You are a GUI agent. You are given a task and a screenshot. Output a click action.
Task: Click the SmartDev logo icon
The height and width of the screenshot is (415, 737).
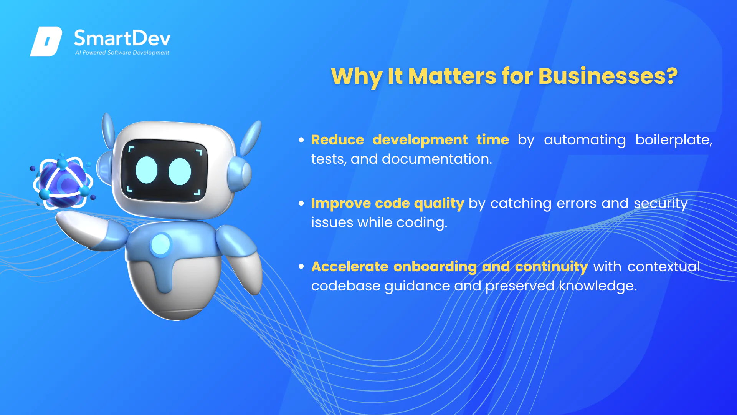pos(46,41)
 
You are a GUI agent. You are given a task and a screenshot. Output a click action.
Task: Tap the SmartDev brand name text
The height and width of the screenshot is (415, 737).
pos(122,38)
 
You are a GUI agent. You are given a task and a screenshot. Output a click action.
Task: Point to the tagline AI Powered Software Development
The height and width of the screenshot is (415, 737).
pos(122,53)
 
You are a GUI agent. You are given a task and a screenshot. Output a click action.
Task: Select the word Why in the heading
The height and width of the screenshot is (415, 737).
pos(357,77)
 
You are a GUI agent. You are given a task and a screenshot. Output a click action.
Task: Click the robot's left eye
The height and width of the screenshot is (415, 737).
pos(147,170)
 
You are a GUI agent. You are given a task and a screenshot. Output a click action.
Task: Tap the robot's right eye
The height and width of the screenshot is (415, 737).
pos(180,171)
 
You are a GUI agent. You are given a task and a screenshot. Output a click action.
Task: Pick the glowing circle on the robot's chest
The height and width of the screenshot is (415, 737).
pos(160,244)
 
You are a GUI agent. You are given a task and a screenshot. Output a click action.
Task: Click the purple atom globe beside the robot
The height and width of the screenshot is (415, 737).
pos(63,182)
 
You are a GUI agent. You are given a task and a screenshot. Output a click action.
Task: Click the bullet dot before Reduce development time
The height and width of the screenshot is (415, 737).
pos(301,140)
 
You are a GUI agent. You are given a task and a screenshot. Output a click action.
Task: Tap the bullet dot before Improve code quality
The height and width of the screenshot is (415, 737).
pos(301,203)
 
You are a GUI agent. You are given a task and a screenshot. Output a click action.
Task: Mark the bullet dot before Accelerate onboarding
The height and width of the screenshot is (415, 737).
pos(301,266)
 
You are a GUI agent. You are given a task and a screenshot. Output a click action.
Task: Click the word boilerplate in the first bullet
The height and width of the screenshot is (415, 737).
pos(674,140)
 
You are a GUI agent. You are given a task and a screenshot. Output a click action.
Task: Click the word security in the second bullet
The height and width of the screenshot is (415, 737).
pos(661,204)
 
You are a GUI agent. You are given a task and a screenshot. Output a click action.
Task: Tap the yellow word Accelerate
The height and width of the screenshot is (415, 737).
pos(350,267)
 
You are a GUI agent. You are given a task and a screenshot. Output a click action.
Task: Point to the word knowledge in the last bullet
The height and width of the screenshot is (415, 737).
pos(597,286)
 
